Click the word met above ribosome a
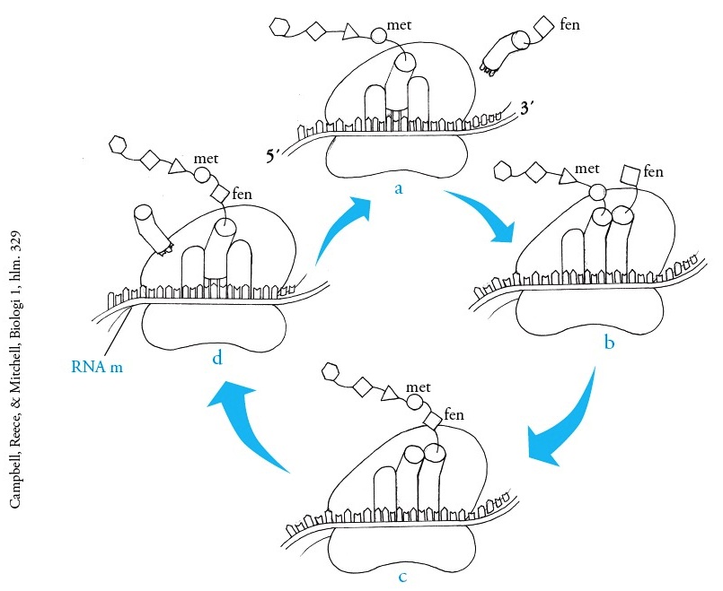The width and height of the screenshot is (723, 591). point(399,26)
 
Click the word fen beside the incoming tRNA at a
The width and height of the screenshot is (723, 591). point(569,24)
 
